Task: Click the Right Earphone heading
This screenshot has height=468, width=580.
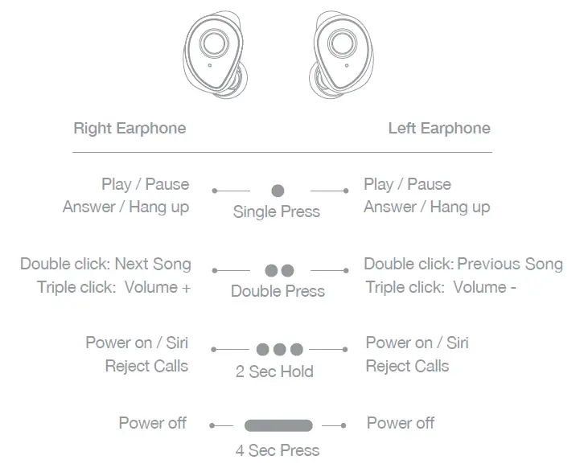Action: (x=130, y=129)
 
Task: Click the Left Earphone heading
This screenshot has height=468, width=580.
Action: (x=438, y=129)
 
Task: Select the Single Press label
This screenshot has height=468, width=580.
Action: (x=276, y=212)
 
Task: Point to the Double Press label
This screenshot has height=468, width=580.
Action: (x=278, y=291)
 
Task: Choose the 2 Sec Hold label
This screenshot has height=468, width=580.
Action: (x=274, y=372)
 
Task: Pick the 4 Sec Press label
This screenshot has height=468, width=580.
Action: (x=278, y=450)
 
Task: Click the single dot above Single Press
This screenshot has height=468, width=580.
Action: (x=278, y=191)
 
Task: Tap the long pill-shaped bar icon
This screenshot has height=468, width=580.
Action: (x=278, y=425)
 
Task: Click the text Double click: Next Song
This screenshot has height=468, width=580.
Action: (x=105, y=264)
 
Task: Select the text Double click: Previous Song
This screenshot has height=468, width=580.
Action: (x=463, y=264)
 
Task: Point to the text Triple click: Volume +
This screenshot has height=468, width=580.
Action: (x=113, y=287)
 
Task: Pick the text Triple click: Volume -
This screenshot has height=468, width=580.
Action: (x=440, y=287)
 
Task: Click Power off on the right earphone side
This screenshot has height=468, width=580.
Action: (x=152, y=423)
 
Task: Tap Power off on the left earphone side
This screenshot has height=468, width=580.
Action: (x=401, y=423)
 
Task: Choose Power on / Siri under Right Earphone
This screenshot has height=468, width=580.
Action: (x=137, y=343)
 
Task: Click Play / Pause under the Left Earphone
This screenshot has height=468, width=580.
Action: (x=407, y=185)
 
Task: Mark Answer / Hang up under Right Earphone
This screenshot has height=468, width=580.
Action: (x=126, y=207)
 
